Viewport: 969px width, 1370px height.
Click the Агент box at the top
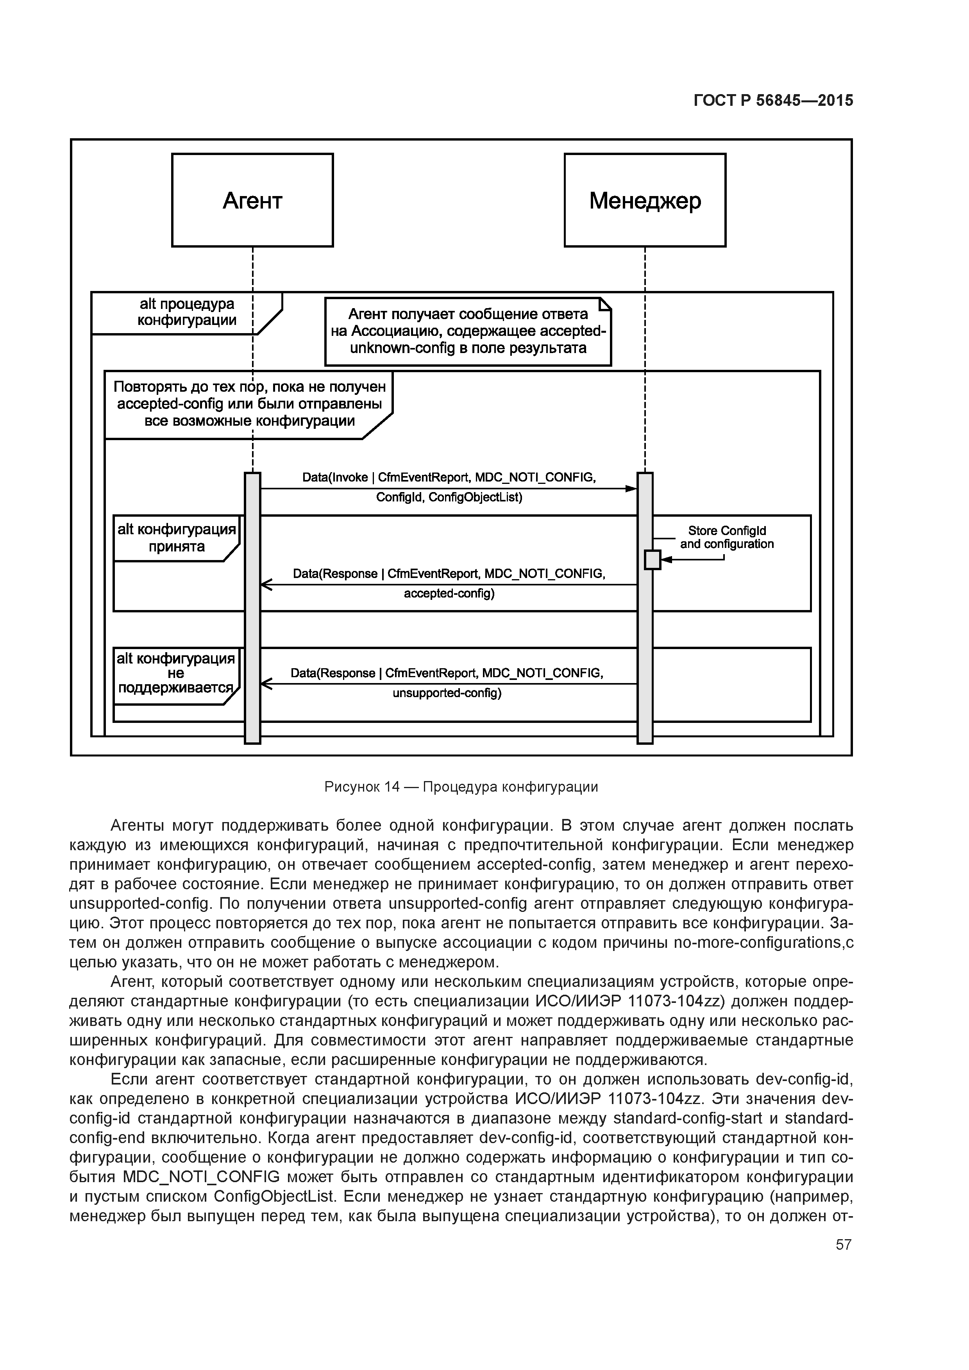(x=252, y=200)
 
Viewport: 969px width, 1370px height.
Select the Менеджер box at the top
(x=645, y=200)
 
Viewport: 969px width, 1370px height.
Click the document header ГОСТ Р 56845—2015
(x=773, y=101)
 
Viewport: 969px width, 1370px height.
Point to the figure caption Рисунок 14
(x=461, y=787)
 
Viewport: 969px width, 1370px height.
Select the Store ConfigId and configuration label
(x=727, y=537)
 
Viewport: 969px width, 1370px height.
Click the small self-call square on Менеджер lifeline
(x=653, y=560)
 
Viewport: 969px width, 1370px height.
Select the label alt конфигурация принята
(x=177, y=538)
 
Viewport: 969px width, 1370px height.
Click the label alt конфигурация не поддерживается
(x=176, y=673)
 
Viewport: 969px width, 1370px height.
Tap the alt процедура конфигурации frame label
(x=187, y=312)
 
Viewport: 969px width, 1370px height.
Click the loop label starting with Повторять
(x=250, y=404)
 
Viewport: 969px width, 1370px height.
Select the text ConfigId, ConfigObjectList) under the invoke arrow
(x=449, y=497)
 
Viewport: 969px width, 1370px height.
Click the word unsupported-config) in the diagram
(x=447, y=693)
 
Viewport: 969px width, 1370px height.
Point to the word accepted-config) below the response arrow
(x=449, y=594)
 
